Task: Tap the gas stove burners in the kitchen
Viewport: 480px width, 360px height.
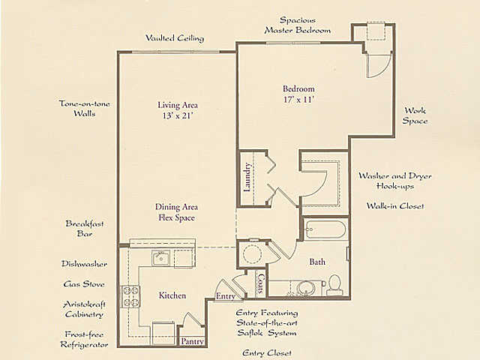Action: coord(130,296)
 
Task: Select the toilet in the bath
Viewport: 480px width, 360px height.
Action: coord(334,285)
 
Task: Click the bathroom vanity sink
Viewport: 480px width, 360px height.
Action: coord(305,288)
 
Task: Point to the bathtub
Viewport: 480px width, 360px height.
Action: coord(325,229)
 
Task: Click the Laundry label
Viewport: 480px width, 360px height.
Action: coord(247,177)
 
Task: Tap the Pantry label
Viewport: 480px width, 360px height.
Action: coord(192,341)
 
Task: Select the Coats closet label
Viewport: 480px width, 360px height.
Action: coord(261,283)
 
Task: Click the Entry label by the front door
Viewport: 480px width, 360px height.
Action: coord(226,296)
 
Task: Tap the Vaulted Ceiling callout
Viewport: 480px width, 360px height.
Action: coord(175,38)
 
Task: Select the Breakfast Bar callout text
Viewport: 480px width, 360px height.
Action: coord(85,229)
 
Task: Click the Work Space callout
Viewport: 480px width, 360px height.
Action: coord(415,115)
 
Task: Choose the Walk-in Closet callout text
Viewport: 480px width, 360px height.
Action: coord(395,205)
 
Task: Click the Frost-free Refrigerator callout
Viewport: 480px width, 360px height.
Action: coord(84,340)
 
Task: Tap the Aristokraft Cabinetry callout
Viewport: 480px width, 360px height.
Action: coord(84,310)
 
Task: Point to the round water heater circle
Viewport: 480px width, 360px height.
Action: coord(252,253)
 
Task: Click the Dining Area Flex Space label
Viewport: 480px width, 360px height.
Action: coord(177,212)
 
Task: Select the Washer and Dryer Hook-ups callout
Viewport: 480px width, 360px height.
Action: coord(395,181)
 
